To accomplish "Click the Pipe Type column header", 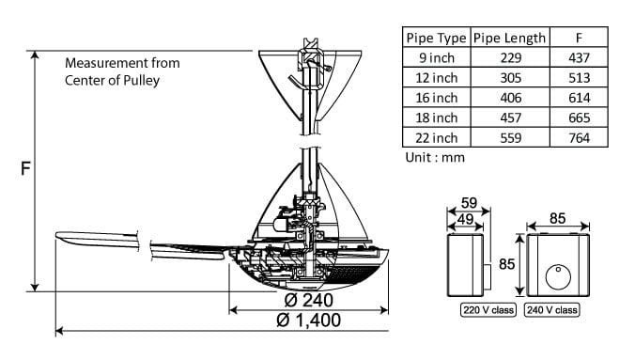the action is (x=436, y=39).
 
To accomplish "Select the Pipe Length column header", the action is (x=509, y=39).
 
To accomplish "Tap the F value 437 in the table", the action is (x=580, y=58).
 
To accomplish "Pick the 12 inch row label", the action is (x=436, y=78).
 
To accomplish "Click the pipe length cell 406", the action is (x=511, y=98).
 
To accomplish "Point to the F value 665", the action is (x=580, y=117).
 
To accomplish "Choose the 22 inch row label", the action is (x=436, y=138).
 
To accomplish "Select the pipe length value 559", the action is (x=511, y=138).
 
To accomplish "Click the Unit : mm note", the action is (x=435, y=157).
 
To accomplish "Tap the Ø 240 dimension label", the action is (x=309, y=301).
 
